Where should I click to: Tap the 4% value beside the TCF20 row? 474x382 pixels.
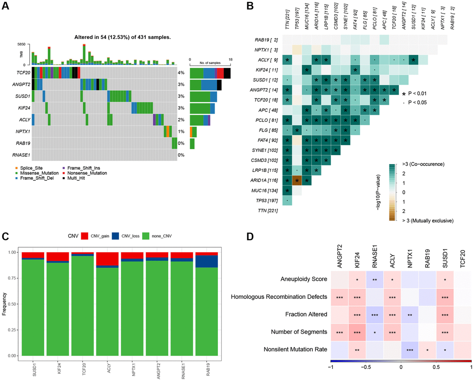coord(181,73)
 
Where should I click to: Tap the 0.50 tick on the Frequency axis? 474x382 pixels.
coord(13,304)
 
